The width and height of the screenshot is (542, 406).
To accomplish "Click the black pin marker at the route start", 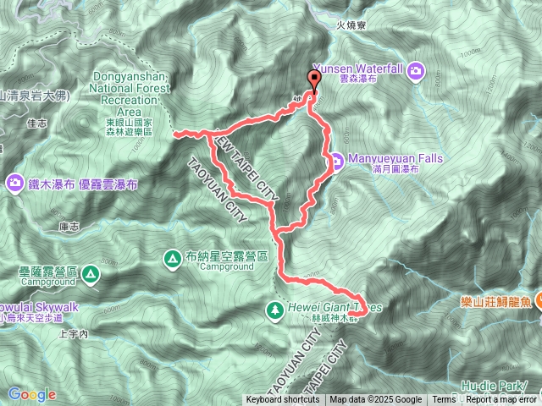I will (x=315, y=81).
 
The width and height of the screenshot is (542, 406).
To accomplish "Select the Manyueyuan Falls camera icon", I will (x=336, y=158).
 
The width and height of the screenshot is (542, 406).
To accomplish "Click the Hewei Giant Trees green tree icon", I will (x=274, y=310).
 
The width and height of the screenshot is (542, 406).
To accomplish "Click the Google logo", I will (x=31, y=394).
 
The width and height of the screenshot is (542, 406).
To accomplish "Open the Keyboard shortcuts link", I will (x=284, y=400).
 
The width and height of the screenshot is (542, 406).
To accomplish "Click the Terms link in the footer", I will (x=444, y=400).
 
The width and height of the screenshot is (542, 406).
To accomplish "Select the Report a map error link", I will (x=502, y=400).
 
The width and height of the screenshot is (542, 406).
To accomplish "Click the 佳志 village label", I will (x=36, y=122).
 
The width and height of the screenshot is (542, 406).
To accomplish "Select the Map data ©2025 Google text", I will (x=376, y=400).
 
